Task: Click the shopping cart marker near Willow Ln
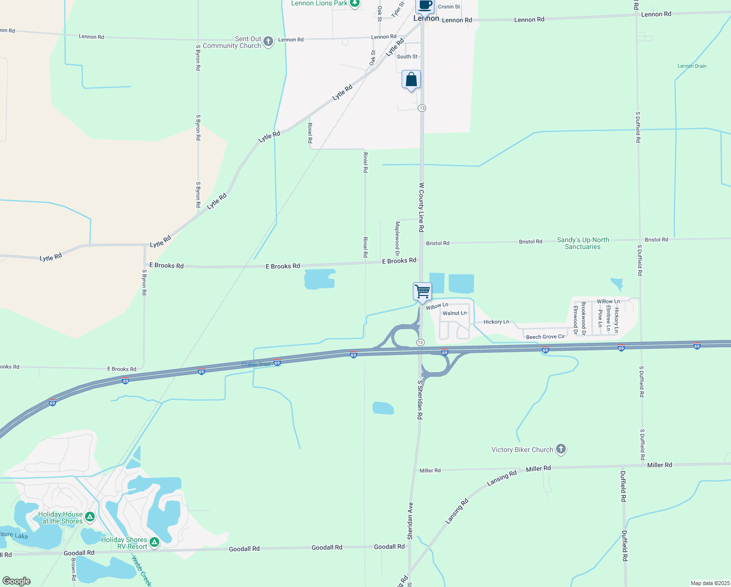(422, 292)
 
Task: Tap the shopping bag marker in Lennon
(411, 80)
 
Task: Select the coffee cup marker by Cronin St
(425, 5)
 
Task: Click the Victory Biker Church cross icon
(561, 449)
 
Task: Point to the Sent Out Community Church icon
(268, 42)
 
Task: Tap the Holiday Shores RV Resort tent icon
(154, 542)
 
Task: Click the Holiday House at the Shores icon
(89, 517)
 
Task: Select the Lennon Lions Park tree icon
(355, 3)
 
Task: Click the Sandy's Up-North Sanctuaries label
(583, 243)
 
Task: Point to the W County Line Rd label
(421, 207)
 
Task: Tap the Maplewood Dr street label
(398, 239)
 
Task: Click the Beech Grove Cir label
(545, 337)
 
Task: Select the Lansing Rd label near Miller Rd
(502, 478)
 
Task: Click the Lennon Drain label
(692, 66)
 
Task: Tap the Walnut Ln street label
(454, 313)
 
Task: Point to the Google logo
(17, 581)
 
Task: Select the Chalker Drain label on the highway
(256, 364)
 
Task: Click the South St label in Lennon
(407, 57)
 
